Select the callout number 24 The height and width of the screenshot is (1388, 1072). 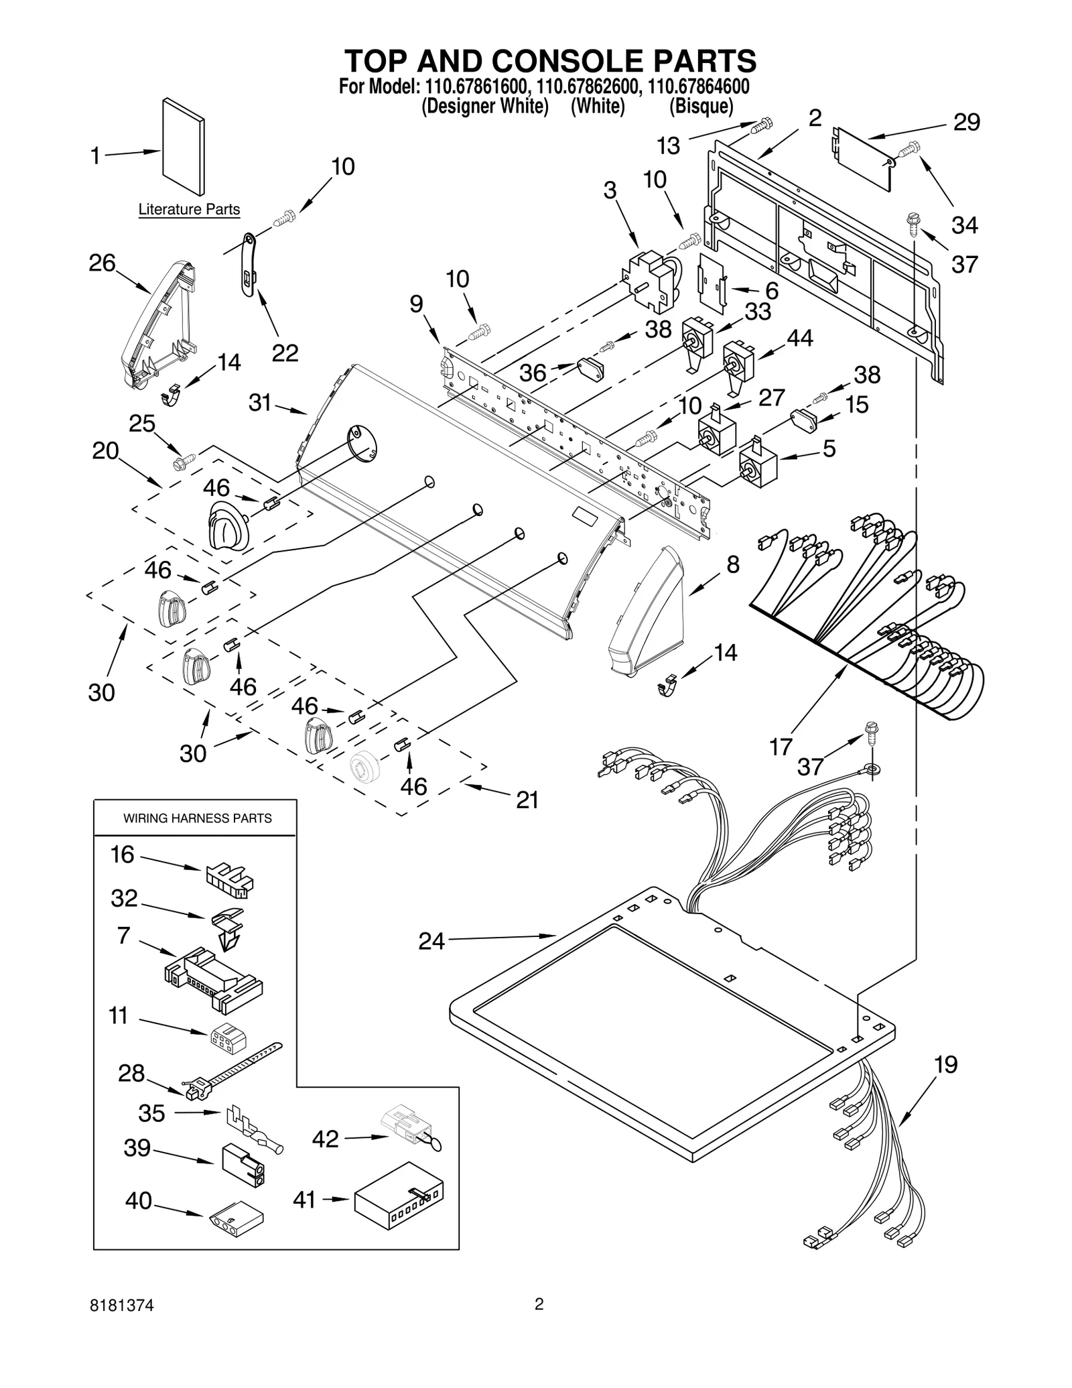[431, 941]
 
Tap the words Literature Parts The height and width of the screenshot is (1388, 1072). [188, 210]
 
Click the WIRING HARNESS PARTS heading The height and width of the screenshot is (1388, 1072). [197, 818]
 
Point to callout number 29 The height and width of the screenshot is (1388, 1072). [966, 122]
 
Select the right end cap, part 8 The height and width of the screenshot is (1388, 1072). [645, 611]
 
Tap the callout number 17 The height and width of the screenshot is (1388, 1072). [781, 746]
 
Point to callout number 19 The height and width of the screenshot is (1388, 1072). [945, 1064]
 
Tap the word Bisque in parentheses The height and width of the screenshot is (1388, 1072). [701, 107]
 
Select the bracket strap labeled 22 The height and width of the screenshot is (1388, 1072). [249, 264]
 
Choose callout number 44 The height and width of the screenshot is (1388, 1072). [799, 338]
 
